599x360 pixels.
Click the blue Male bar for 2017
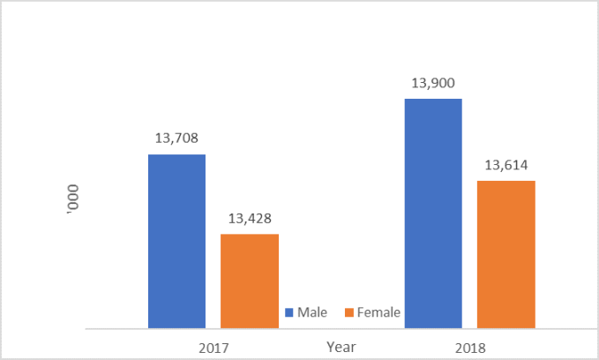coord(176,241)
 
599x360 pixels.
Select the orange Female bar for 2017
coord(250,281)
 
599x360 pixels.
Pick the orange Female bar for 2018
coord(506,254)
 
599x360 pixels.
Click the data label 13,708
coord(176,138)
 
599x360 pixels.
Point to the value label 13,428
coord(250,218)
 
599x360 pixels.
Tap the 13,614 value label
coord(506,164)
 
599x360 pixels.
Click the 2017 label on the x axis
coord(213,347)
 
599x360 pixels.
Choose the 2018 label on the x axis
coord(470,347)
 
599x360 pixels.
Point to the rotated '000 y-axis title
coord(74,193)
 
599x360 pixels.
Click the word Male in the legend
coord(313,312)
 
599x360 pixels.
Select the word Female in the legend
coord(378,312)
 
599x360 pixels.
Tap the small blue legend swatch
coord(289,312)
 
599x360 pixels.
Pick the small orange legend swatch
coord(348,312)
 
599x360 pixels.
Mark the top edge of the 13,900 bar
coord(433,99)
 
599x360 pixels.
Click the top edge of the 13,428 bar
coord(250,235)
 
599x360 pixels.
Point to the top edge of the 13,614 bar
coord(506,182)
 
